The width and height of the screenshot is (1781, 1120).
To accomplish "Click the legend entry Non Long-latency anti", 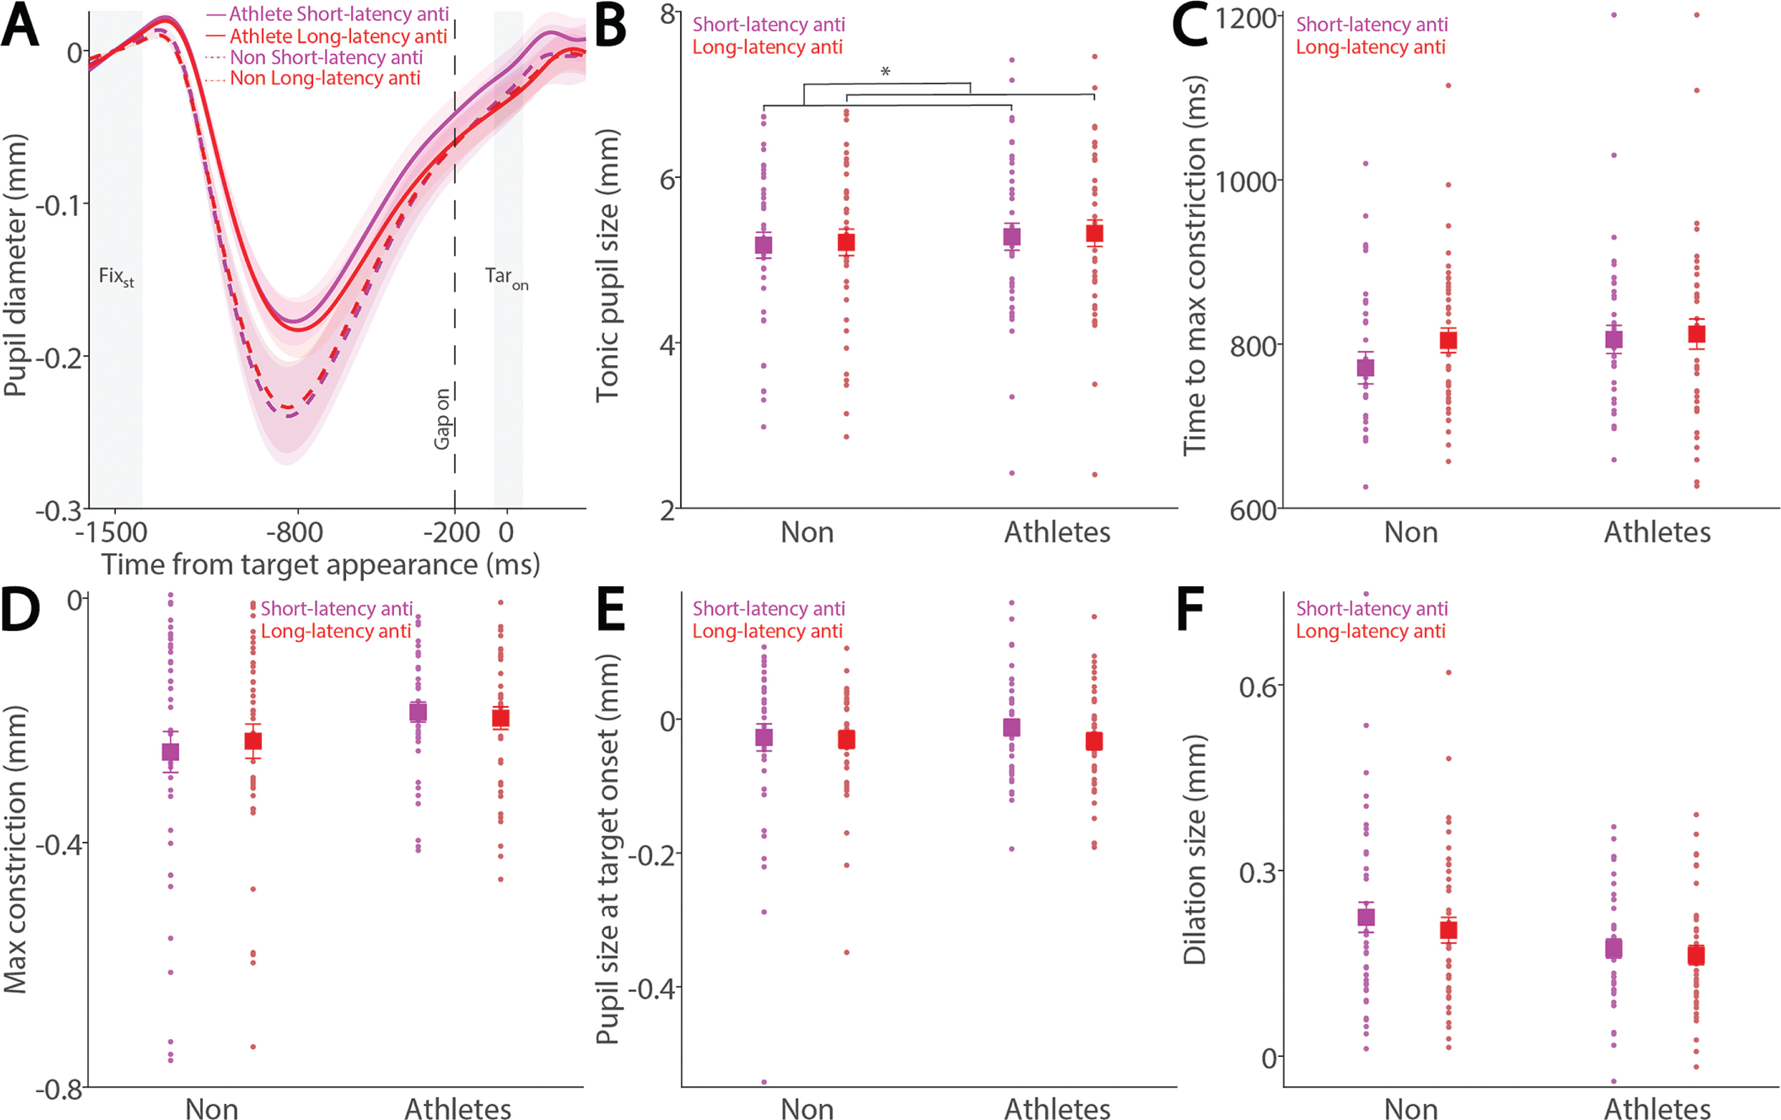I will (x=325, y=78).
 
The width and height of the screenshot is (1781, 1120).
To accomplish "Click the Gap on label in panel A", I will (x=442, y=418).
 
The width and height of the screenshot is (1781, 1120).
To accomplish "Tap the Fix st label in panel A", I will (x=116, y=277).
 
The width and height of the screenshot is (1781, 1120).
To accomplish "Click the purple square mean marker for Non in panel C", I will (x=1365, y=367).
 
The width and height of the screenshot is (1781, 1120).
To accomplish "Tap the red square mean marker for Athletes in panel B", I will (x=1094, y=234).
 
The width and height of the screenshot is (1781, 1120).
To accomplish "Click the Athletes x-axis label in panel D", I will (x=458, y=1108).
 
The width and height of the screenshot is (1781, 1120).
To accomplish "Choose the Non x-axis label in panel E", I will (x=807, y=1108).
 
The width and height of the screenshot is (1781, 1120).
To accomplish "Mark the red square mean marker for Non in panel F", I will (x=1448, y=930).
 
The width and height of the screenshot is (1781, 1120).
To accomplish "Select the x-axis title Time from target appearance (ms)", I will (x=320, y=565).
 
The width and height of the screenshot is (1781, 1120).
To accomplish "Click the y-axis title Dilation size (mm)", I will (x=1195, y=850).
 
